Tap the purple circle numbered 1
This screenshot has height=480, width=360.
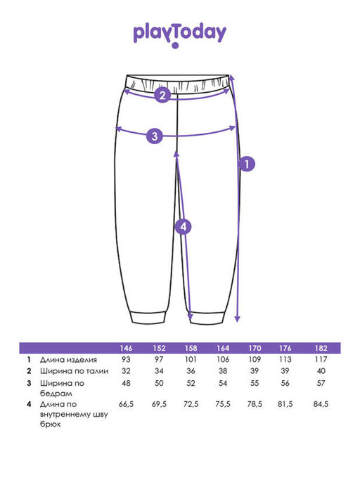247,164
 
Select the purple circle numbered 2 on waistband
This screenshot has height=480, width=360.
162,95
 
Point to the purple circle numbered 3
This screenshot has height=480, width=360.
155,136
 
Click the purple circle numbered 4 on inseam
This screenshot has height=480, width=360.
183,227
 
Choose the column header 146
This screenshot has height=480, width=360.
126,349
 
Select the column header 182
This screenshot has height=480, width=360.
321,349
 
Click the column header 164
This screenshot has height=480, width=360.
223,349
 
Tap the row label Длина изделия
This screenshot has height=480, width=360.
68,360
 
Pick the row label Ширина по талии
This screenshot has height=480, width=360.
74,371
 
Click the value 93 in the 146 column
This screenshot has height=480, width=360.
126,359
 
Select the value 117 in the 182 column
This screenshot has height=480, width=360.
321,359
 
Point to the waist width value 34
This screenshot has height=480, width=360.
159,371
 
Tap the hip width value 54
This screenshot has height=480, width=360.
223,383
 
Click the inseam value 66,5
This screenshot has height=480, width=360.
126,404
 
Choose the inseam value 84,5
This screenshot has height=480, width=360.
321,404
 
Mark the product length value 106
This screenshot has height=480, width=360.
223,359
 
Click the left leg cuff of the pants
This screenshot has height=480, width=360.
148,317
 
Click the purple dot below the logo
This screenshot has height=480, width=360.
175,46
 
